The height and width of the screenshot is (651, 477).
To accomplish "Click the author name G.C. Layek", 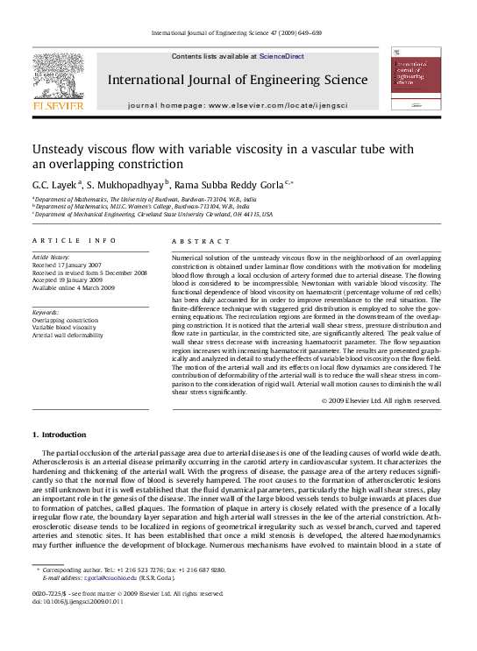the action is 55,185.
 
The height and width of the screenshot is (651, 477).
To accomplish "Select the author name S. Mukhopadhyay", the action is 127,185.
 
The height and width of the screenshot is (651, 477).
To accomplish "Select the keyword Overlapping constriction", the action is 66,321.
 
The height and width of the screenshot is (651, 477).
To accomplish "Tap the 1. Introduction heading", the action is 59,435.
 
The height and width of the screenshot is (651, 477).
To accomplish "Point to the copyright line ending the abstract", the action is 381,400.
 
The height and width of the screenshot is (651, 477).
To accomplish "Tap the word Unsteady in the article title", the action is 58,149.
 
